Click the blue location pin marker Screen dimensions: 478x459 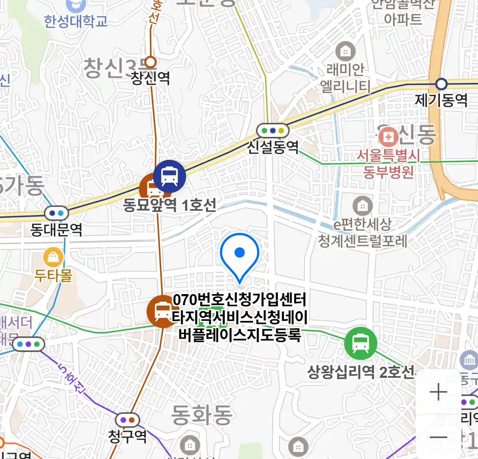click(240, 254)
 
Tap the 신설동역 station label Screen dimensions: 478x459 click(273, 147)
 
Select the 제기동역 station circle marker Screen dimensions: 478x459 click(442, 84)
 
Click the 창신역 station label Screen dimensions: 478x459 click(150, 78)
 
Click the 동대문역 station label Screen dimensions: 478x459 click(56, 230)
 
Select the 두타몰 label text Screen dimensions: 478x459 click(54, 275)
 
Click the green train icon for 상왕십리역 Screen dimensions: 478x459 click(361, 343)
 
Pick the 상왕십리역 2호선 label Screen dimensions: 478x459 click(360, 372)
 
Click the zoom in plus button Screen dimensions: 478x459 click(438, 392)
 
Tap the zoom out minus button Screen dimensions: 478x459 click(438, 437)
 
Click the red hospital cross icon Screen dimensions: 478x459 click(388, 137)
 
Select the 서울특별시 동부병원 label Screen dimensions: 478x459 click(388, 164)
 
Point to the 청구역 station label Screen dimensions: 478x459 click(127, 436)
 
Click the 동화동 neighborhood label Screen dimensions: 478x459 click(202, 414)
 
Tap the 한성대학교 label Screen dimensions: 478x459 click(76, 21)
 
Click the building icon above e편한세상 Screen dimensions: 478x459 click(362, 207)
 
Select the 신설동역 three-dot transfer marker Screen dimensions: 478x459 click(273, 130)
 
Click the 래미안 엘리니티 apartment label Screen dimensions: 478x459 click(345, 78)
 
